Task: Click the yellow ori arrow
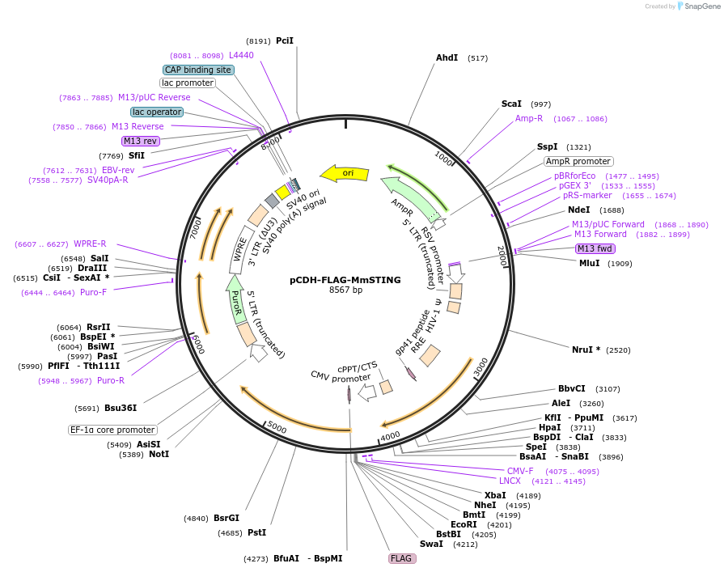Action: point(345,173)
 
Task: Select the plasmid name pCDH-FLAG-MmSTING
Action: point(345,280)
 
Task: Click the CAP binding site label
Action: point(198,70)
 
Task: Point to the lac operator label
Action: point(157,112)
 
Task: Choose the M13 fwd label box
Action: point(595,249)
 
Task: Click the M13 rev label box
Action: point(141,141)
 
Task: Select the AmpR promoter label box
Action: point(578,162)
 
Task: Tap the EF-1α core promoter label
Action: point(112,430)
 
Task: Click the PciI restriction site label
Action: point(285,40)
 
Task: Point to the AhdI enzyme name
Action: point(447,57)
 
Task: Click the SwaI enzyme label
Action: point(431,544)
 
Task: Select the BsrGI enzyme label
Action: point(227,518)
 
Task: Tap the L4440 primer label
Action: point(242,55)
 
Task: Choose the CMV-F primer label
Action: point(520,471)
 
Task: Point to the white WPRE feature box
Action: point(239,250)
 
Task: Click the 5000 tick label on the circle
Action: point(277,427)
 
